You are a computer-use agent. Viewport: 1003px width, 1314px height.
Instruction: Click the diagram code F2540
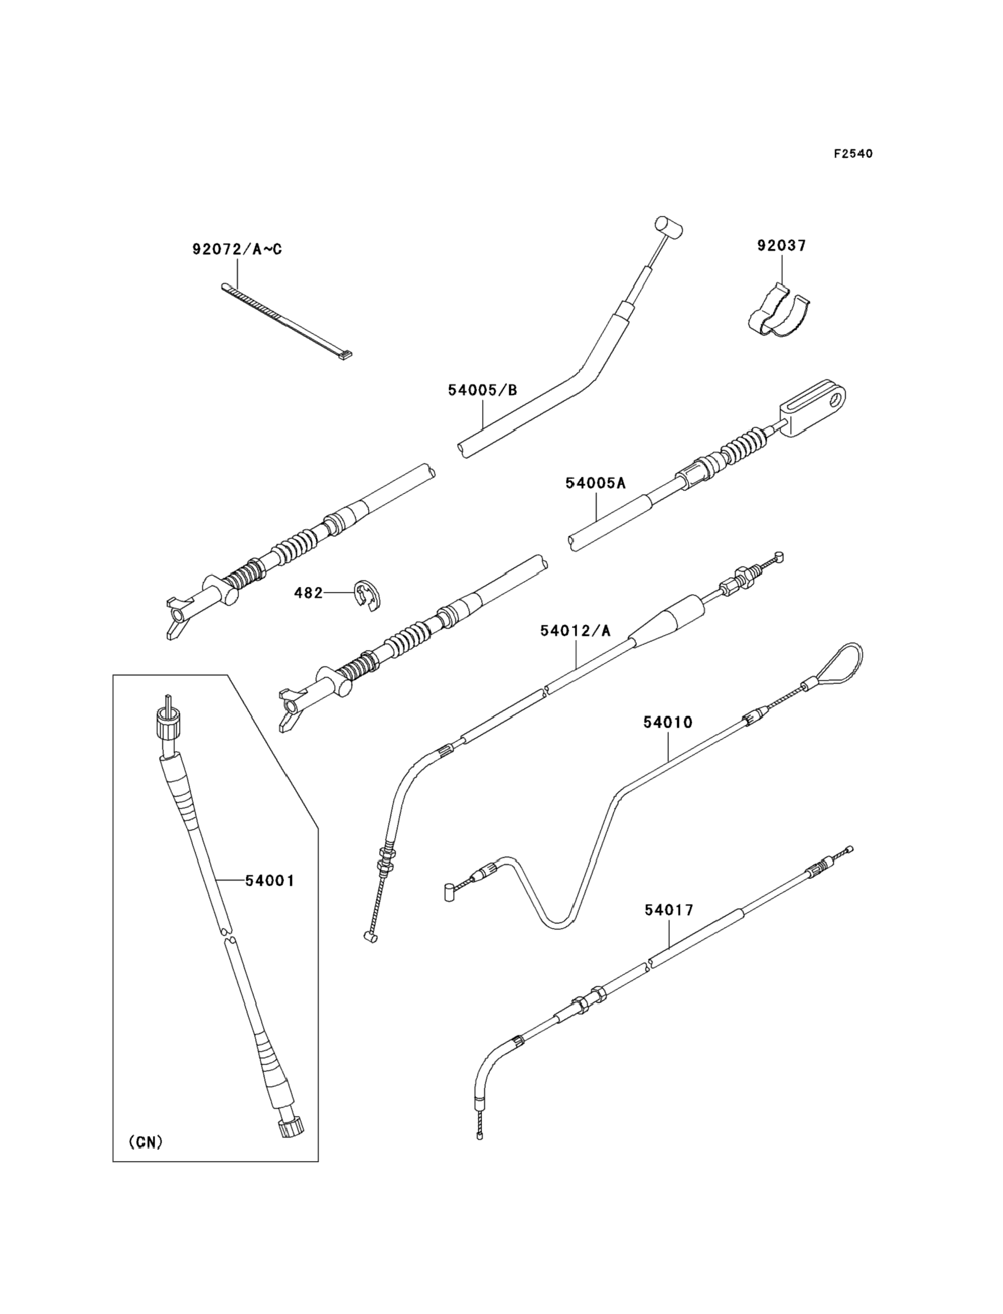(x=853, y=154)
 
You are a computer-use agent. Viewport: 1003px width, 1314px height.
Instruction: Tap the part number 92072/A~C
(x=237, y=249)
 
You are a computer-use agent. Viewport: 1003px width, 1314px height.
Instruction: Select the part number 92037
(x=782, y=245)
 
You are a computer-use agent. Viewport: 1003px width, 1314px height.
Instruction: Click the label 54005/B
(x=483, y=390)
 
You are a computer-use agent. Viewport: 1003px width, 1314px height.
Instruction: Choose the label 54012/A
(x=575, y=631)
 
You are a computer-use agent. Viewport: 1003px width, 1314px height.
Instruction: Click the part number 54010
(x=668, y=722)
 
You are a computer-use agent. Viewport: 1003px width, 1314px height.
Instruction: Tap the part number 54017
(x=669, y=910)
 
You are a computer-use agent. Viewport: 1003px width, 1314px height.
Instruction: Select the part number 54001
(x=270, y=881)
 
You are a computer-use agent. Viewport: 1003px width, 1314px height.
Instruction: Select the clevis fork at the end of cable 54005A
(x=814, y=407)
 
